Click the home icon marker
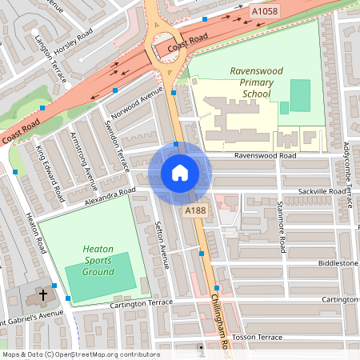[x=180, y=172]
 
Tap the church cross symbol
[x=42, y=295]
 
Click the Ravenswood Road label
[x=265, y=155]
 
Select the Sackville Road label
[x=321, y=192]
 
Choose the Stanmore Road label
[x=281, y=215]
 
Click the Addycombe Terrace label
[x=346, y=137]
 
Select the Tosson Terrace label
[x=257, y=338]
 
